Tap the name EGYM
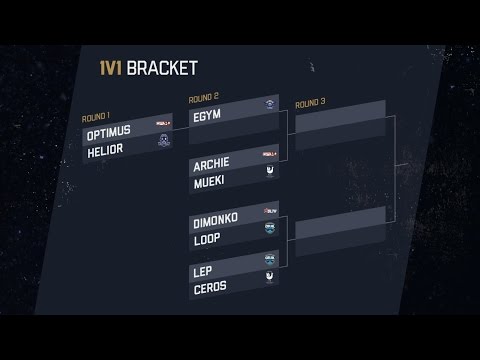[x=205, y=115]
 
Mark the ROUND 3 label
[x=310, y=102]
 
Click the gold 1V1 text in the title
[x=136, y=69]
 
